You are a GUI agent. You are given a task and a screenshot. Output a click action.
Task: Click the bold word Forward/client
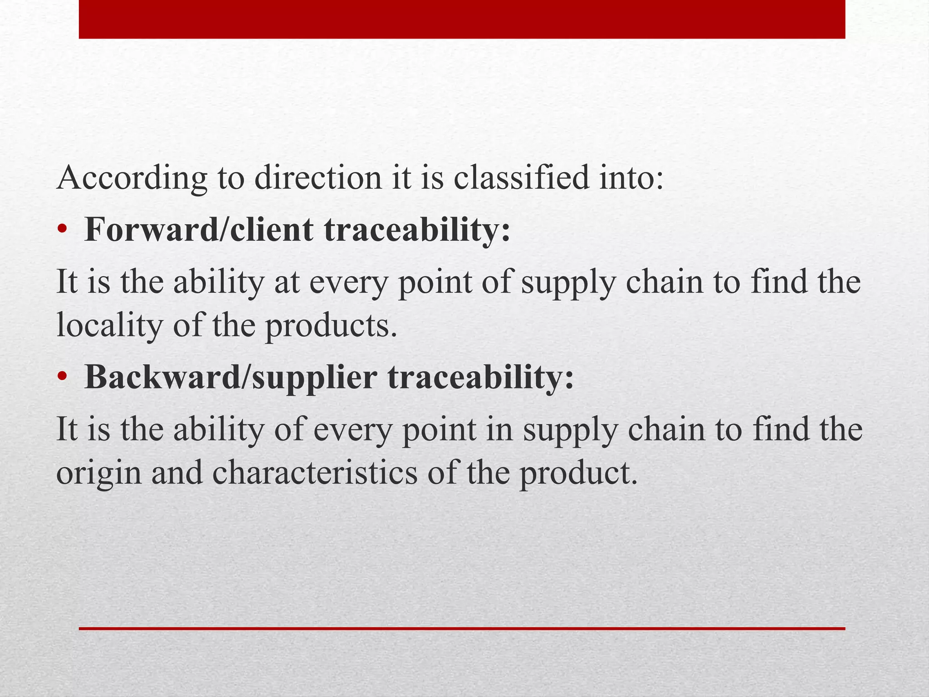coord(199,230)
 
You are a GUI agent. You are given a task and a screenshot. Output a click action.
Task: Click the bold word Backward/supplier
coord(230,378)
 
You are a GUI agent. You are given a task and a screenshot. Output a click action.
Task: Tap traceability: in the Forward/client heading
coord(417,230)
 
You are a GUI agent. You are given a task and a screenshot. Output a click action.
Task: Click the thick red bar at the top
coord(462,19)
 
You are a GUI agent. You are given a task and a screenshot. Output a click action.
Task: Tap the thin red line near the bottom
coord(462,628)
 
